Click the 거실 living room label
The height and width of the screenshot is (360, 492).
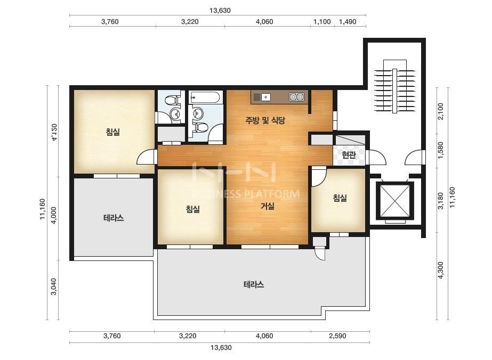click(x=268, y=206)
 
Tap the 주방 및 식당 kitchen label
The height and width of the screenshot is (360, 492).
click(x=265, y=120)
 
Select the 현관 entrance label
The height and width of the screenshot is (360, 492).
click(x=349, y=155)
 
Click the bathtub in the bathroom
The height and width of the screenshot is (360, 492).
click(x=206, y=97)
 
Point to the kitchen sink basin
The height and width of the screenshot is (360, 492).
click(x=266, y=97)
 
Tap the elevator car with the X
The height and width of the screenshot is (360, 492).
click(x=395, y=201)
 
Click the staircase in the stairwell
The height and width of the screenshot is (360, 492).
click(x=395, y=86)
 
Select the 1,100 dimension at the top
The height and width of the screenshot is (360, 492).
click(x=322, y=22)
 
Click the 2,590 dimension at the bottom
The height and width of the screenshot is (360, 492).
click(x=337, y=336)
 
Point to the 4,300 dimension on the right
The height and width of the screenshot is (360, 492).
click(x=441, y=270)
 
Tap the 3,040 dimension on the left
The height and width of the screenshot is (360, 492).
click(x=54, y=287)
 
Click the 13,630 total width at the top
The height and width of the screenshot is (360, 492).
click(x=220, y=10)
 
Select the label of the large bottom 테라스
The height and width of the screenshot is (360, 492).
click(x=254, y=285)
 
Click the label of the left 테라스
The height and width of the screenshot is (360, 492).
click(x=114, y=218)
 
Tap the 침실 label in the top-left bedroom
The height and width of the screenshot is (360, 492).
click(x=113, y=132)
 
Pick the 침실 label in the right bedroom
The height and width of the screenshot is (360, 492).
click(x=340, y=198)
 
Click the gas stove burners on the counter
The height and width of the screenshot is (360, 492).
click(x=296, y=97)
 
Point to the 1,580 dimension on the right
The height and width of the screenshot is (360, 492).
click(x=441, y=150)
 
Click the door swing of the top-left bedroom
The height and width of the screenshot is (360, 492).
click(x=146, y=157)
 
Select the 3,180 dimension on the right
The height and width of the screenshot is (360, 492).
click(x=441, y=201)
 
